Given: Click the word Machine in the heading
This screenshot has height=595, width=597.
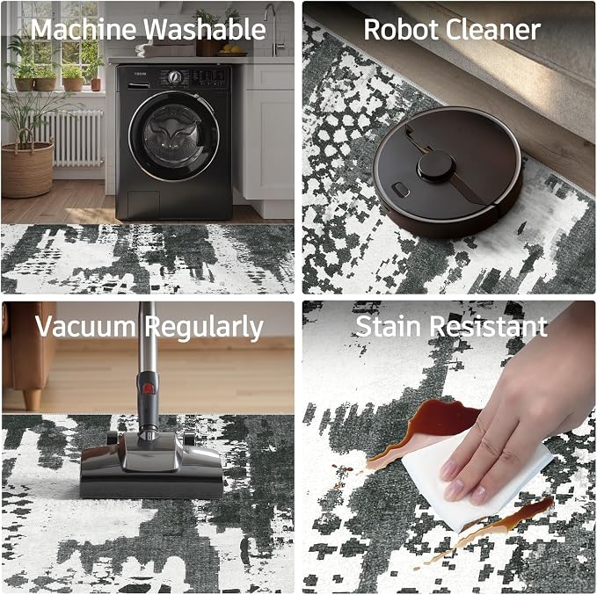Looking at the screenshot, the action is (84, 29).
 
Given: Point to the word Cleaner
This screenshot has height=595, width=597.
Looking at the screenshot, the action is (492, 29).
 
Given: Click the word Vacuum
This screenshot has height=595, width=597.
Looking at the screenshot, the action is (85, 327).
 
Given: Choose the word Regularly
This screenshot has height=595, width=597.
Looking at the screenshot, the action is (204, 328).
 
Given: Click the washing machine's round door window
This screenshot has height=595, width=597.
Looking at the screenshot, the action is (174, 136).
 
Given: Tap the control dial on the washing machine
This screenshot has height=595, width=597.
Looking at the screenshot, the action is (174, 77).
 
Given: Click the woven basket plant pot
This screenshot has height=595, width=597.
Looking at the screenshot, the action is (26, 168).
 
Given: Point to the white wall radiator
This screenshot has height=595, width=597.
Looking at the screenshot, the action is (69, 138).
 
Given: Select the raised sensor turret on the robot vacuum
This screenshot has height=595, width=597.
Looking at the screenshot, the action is (436, 165).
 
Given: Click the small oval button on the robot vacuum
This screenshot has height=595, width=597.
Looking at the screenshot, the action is (401, 189).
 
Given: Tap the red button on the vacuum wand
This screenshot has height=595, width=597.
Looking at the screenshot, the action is (148, 388).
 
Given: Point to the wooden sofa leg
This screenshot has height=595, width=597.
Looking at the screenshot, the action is (32, 398).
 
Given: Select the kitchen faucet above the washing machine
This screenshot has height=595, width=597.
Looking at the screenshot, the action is (273, 28).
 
